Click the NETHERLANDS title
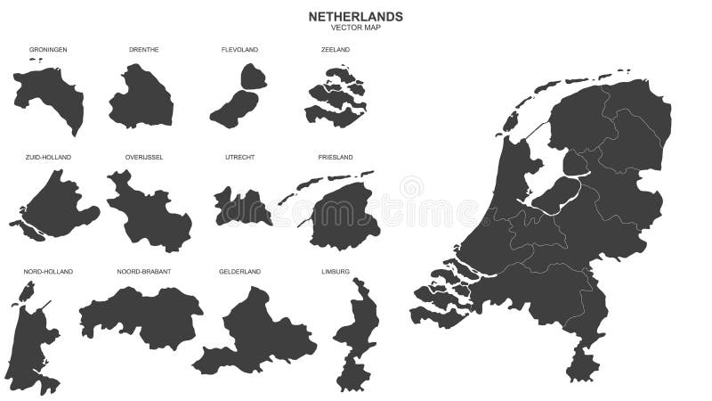pyautogui.click(x=355, y=16)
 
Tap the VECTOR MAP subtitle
pyautogui.click(x=355, y=28)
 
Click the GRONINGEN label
pyautogui.click(x=48, y=50)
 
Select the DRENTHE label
pyautogui.click(x=143, y=50)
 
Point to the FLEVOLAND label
pyautogui.click(x=239, y=50)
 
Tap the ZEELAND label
pyautogui.click(x=336, y=50)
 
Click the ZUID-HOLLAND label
pyautogui.click(x=48, y=158)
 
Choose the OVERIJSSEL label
pyautogui.click(x=143, y=158)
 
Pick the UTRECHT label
pyautogui.click(x=239, y=158)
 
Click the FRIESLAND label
pyautogui.click(x=336, y=158)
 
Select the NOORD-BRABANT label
pyautogui.click(x=143, y=271)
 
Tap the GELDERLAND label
pyautogui.click(x=239, y=271)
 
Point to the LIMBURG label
pyautogui.click(x=336, y=271)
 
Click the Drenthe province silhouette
pyautogui.click(x=142, y=98)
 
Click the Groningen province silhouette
pyautogui.click(x=49, y=94)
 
